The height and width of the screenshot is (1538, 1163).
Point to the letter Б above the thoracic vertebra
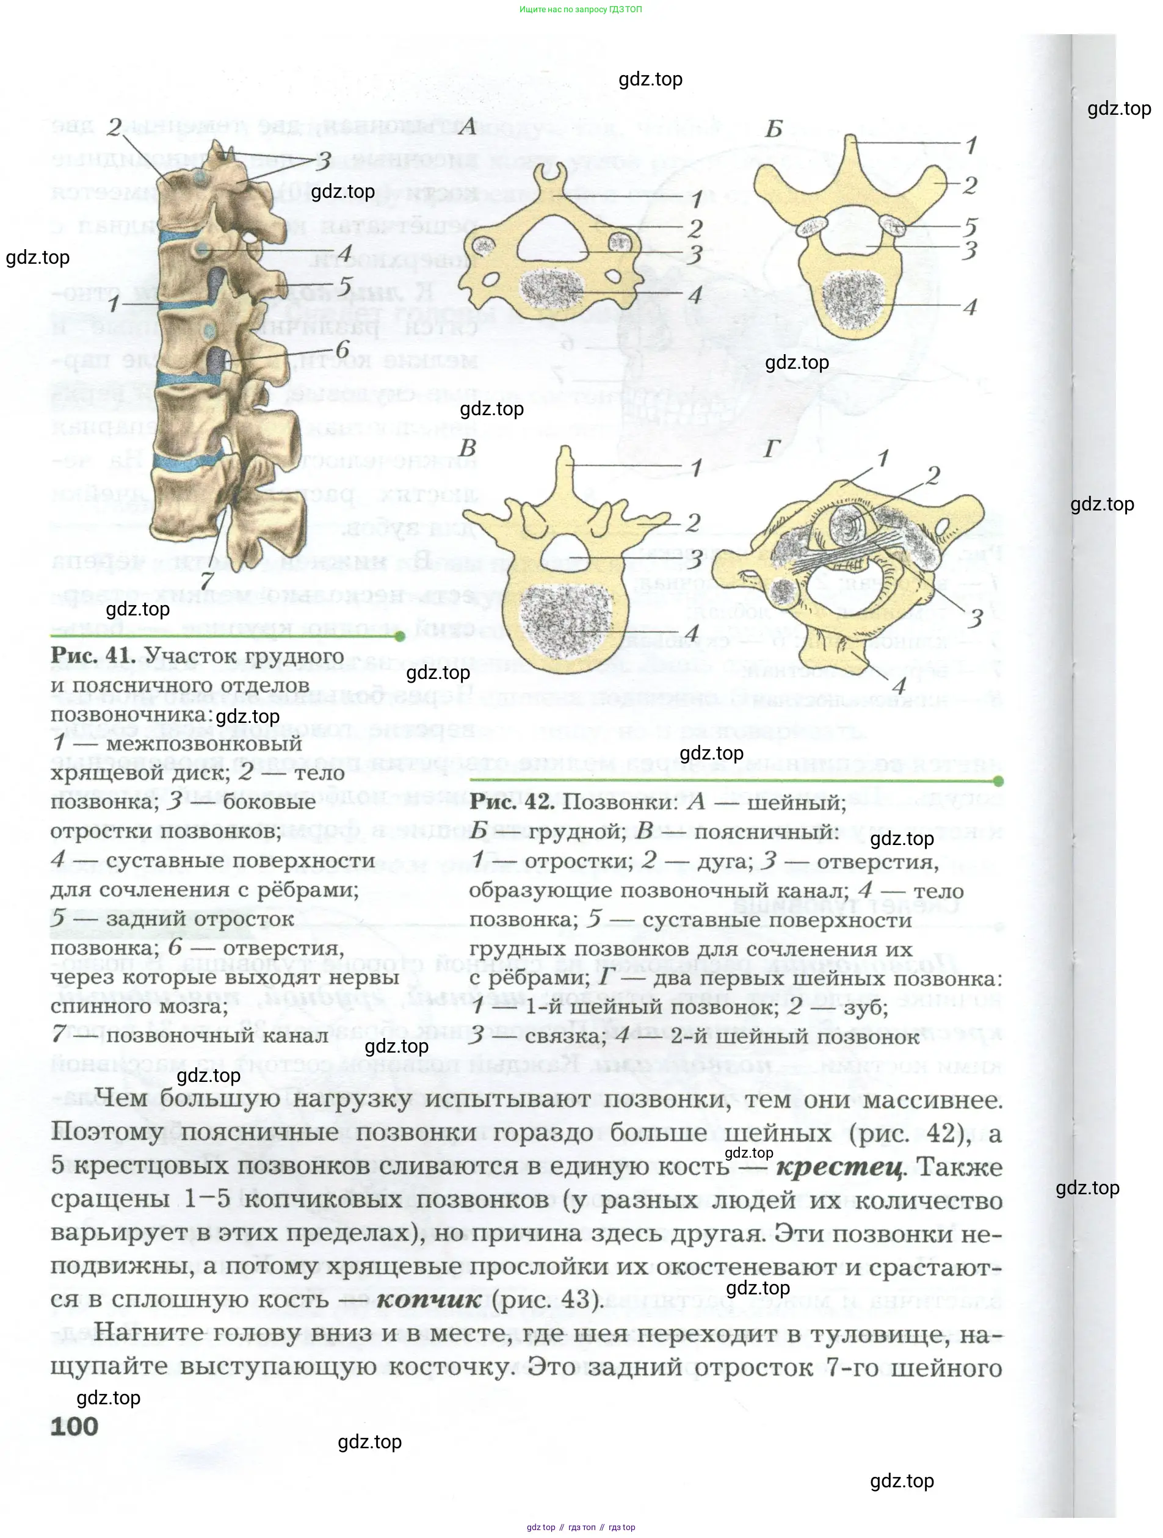pyautogui.click(x=774, y=129)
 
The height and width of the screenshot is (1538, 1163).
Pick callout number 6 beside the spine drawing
pyautogui.click(x=342, y=350)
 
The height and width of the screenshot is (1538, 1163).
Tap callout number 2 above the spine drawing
pyautogui.click(x=115, y=127)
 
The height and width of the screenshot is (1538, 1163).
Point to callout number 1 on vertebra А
pyautogui.click(x=697, y=200)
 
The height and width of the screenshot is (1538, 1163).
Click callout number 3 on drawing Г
pyautogui.click(x=976, y=617)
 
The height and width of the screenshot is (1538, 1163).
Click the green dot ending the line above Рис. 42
pyautogui.click(x=998, y=782)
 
